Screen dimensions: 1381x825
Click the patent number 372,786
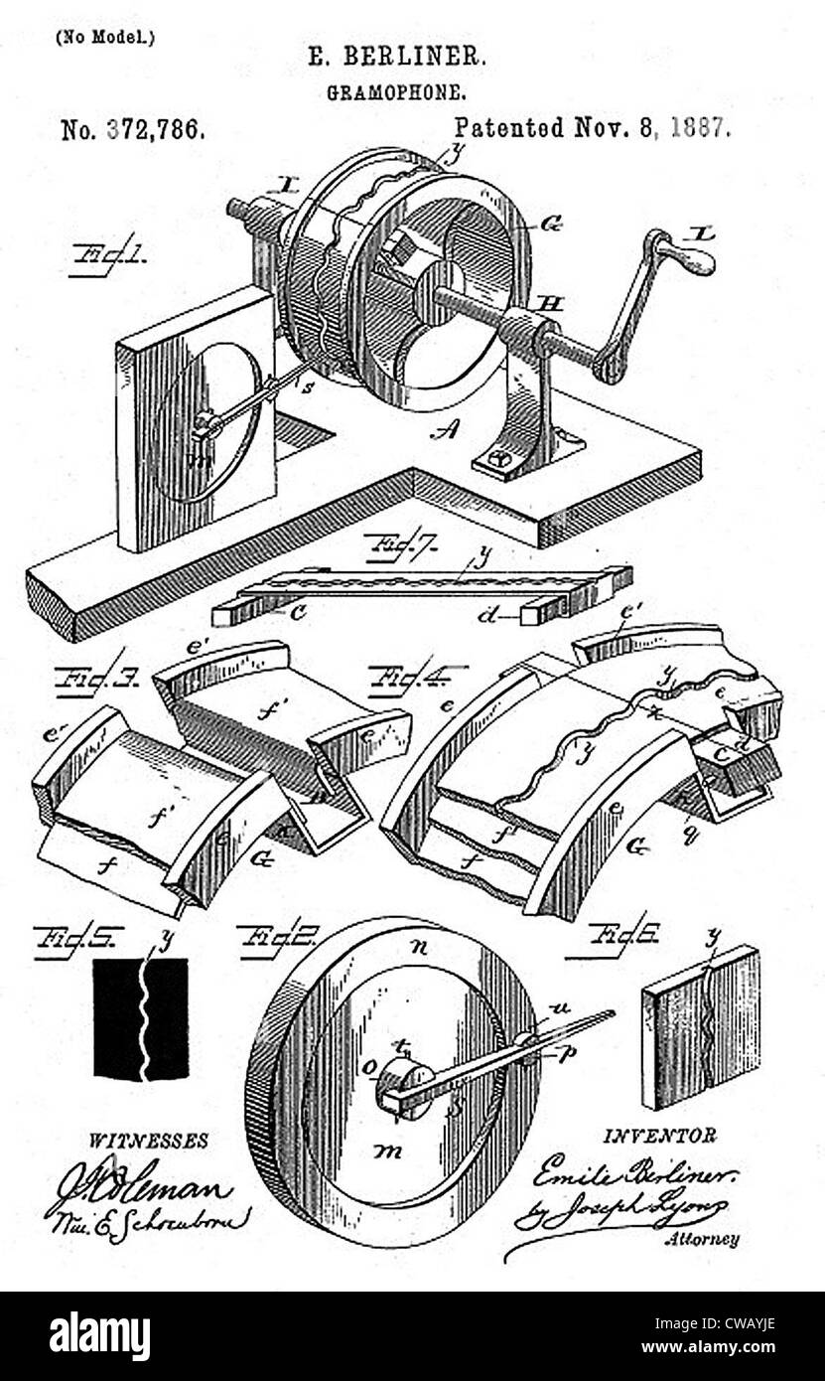(x=133, y=130)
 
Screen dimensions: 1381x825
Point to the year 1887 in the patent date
(x=700, y=127)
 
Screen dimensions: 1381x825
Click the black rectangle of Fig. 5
(x=141, y=1018)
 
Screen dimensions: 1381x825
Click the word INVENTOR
(x=658, y=1136)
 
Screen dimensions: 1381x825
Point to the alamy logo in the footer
(x=99, y=1336)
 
